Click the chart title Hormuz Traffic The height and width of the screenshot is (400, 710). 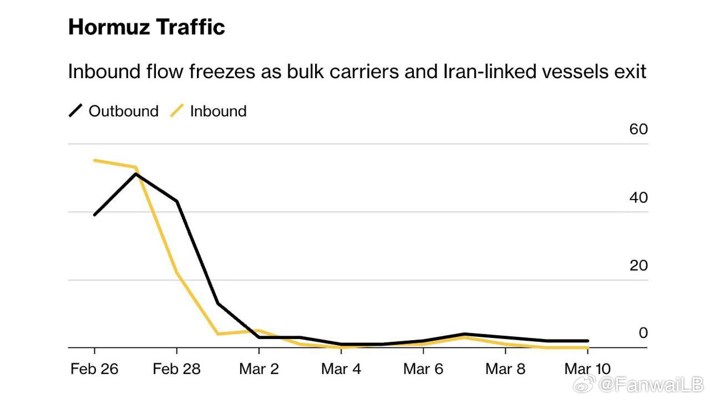pyautogui.click(x=146, y=27)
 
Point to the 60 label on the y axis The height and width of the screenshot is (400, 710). pyautogui.click(x=638, y=129)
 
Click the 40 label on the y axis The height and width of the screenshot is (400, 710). pyautogui.click(x=638, y=197)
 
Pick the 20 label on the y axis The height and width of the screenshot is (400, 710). pyautogui.click(x=638, y=265)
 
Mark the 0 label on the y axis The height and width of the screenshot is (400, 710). pyautogui.click(x=643, y=333)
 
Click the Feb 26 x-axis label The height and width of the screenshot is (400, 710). pyautogui.click(x=94, y=369)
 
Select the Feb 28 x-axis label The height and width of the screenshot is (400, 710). pyautogui.click(x=176, y=369)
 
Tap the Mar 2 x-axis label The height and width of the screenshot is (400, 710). pyautogui.click(x=258, y=369)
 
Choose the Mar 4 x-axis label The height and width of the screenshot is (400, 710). pyautogui.click(x=341, y=369)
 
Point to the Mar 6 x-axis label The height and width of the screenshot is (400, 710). pyautogui.click(x=423, y=369)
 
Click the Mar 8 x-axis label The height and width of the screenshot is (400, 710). pyautogui.click(x=505, y=369)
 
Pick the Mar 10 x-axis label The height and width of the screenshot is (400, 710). pyautogui.click(x=587, y=369)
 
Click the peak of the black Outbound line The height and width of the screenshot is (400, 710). pyautogui.click(x=136, y=174)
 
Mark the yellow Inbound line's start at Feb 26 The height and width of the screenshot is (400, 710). pyautogui.click(x=95, y=161)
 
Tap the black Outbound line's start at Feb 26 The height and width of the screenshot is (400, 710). pyautogui.click(x=95, y=214)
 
